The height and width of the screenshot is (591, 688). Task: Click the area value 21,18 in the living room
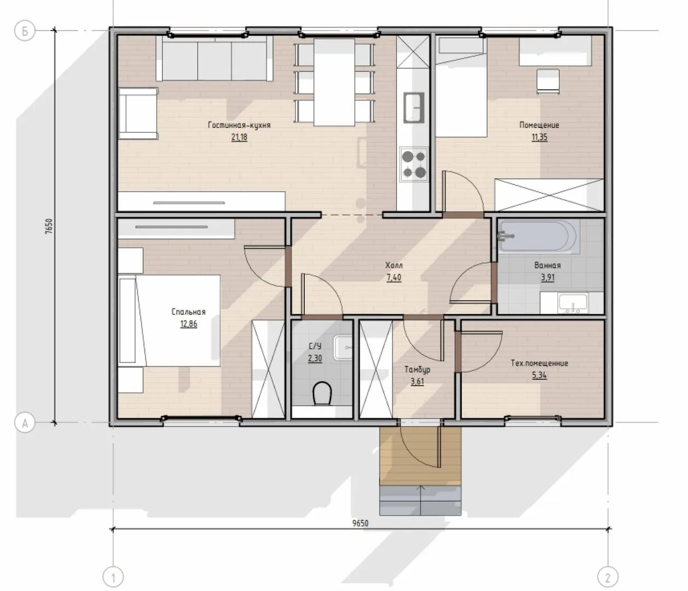(239, 137)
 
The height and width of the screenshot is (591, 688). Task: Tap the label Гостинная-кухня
(239, 125)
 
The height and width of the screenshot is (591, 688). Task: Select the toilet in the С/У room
(322, 393)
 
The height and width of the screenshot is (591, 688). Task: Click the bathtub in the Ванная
(539, 236)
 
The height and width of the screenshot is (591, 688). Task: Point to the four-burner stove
(414, 164)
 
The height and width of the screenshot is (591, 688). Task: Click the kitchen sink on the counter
(414, 107)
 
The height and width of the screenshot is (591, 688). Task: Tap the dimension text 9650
(360, 524)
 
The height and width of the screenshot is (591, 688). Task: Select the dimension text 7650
(49, 227)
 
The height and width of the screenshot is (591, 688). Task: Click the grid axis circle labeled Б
(25, 31)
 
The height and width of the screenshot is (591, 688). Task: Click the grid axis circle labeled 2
(608, 577)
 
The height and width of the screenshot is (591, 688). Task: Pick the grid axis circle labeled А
(25, 423)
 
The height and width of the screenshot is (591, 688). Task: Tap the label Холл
(394, 265)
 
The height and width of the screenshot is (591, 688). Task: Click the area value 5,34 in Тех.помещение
(539, 375)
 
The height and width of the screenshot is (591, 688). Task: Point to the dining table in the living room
(334, 82)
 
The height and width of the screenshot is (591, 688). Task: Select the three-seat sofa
(215, 58)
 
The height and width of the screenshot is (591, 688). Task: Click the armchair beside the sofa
(138, 113)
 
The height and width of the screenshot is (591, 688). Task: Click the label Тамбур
(417, 369)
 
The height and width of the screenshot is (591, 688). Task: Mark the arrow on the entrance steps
(421, 500)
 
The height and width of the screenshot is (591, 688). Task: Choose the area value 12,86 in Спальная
(188, 323)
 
